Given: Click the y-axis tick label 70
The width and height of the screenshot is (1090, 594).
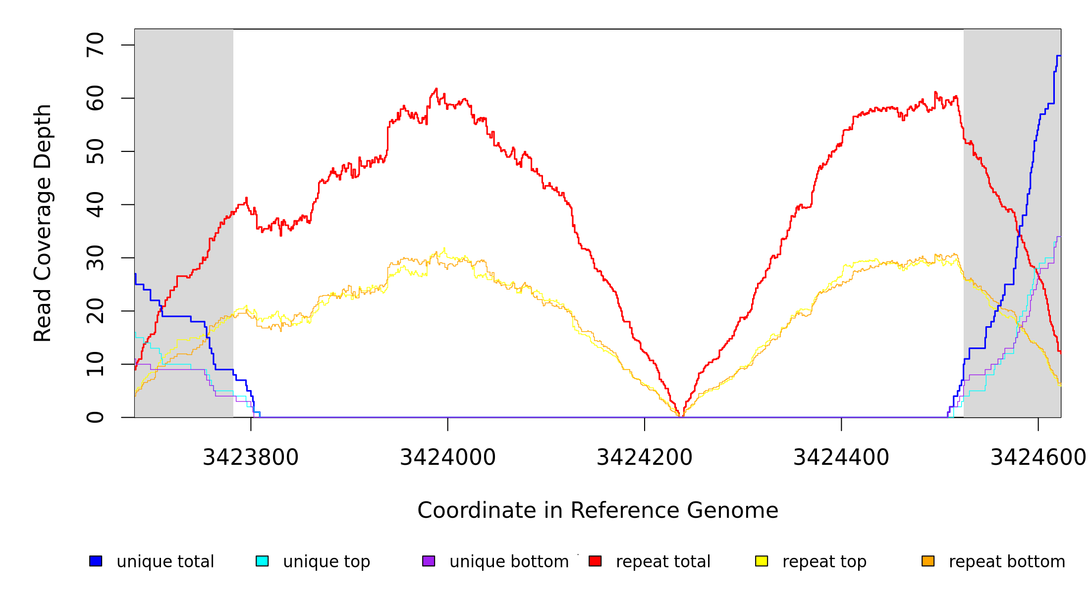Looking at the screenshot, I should point(96,45).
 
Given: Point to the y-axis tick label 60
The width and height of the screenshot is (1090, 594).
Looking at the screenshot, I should point(96,98).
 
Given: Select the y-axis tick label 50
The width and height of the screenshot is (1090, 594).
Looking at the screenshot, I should point(96,151).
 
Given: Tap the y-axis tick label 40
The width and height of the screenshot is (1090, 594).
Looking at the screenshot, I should point(96,204).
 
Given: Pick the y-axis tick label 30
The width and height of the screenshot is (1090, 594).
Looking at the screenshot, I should point(96,258).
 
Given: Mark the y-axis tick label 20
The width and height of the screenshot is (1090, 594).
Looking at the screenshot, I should point(96,311).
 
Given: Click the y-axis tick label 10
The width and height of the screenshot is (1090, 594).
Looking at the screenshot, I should point(96,364).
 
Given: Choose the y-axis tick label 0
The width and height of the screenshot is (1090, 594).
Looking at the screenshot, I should point(96,417).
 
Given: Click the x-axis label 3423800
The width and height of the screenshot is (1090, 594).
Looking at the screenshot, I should point(251,457).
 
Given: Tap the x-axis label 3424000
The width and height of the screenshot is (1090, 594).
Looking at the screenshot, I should point(447,457).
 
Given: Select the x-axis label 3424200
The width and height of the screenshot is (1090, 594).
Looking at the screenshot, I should point(644,457).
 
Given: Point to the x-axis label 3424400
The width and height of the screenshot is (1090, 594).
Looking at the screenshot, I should point(841,457).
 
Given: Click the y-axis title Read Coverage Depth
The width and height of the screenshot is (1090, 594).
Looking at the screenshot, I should point(43,223).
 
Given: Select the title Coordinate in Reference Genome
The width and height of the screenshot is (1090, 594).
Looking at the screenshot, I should point(598,510).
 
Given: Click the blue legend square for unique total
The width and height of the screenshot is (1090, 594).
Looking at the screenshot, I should point(96,561).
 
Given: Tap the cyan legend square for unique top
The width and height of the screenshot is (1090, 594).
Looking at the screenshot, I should point(262,561).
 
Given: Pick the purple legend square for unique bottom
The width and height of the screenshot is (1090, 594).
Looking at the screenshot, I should point(429,561).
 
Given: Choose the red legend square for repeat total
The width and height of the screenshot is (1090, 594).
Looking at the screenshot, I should point(595,561).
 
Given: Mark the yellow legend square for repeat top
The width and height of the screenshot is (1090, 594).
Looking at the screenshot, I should point(762,561).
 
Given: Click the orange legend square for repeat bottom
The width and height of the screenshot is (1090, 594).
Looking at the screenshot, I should point(928,561).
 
